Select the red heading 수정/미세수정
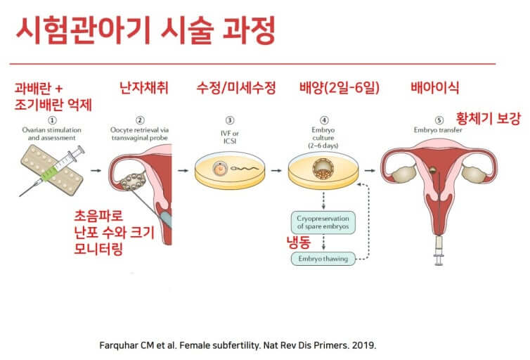pyautogui.click(x=235, y=89)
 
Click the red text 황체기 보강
pyautogui.click(x=488, y=118)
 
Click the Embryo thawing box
pyautogui.click(x=323, y=258)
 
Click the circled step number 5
pyautogui.click(x=441, y=120)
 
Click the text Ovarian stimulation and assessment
pyautogui.click(x=51, y=134)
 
